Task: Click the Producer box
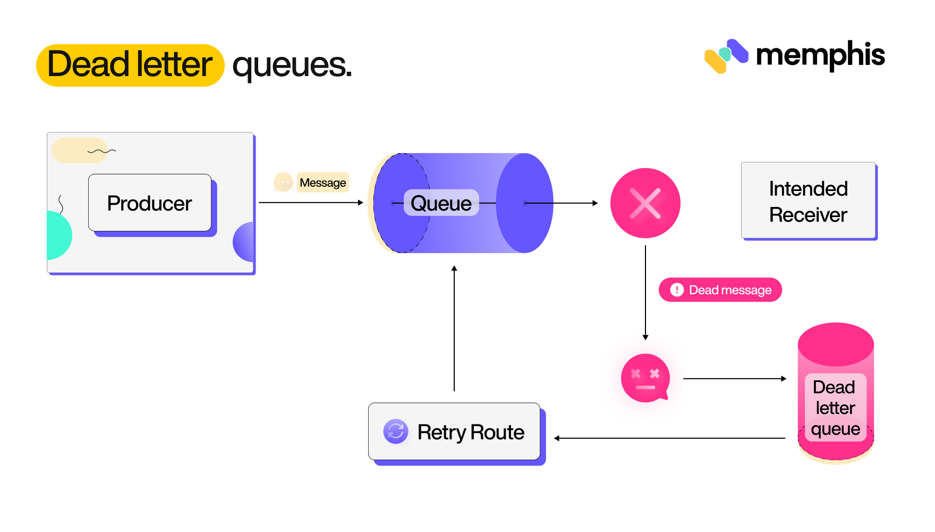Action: click(150, 203)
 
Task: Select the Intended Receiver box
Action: click(808, 201)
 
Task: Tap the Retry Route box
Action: click(454, 431)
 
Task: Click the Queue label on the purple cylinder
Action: click(441, 203)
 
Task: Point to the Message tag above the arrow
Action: click(322, 182)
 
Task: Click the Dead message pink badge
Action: click(720, 290)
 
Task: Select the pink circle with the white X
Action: click(645, 203)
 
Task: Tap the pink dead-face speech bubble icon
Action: click(645, 378)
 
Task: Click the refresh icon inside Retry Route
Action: click(396, 431)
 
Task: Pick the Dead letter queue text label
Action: click(835, 408)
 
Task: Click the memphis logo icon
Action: click(726, 56)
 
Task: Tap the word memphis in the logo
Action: click(820, 55)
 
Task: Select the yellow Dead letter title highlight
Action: click(130, 65)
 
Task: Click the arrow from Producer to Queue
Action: click(310, 203)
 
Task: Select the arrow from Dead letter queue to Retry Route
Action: click(669, 438)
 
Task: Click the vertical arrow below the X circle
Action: click(645, 293)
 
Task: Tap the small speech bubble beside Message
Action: click(283, 182)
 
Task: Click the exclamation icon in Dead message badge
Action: click(677, 290)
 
